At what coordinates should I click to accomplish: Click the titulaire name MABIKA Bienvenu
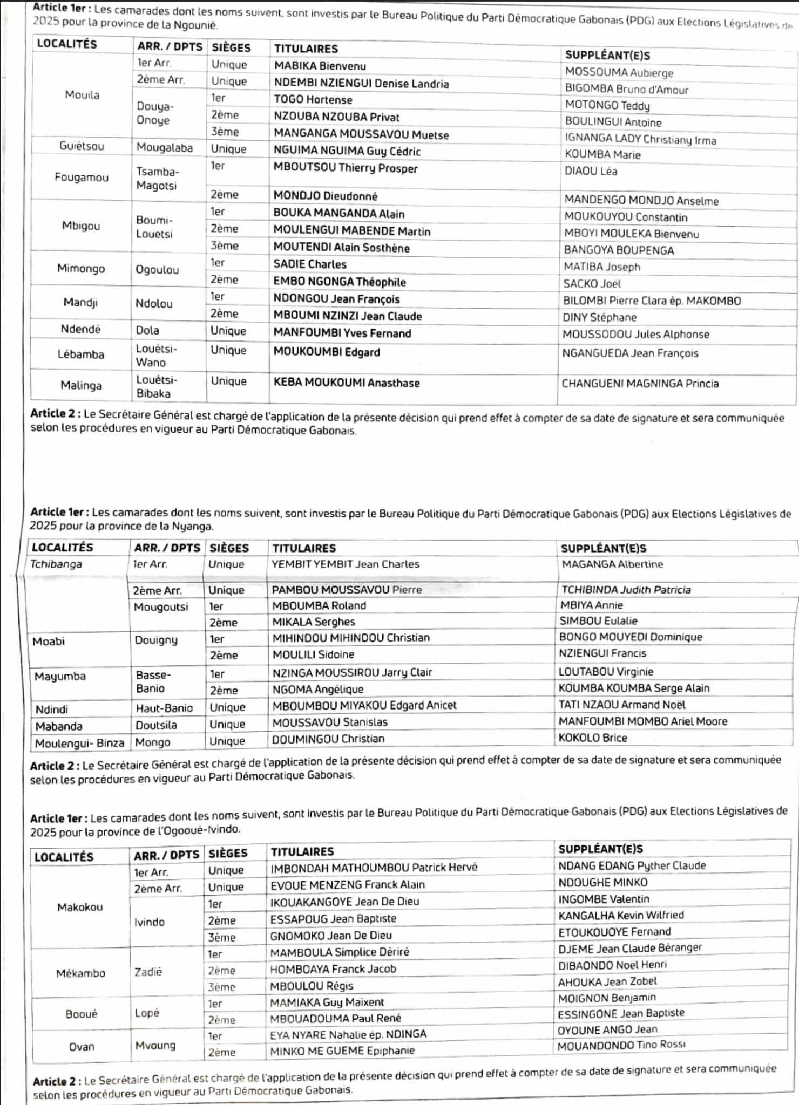coord(320,66)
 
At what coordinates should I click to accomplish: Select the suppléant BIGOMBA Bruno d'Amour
coord(626,89)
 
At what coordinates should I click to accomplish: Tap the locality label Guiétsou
coord(82,146)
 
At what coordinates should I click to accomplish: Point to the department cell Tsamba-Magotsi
coord(157,179)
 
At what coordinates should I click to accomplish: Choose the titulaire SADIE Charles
coord(309,264)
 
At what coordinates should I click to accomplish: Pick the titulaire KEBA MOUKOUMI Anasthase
coord(346,383)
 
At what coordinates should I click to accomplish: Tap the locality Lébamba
coord(81,354)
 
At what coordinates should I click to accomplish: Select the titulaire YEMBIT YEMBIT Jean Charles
coord(346,564)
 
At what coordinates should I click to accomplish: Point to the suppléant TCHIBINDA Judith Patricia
coord(626,590)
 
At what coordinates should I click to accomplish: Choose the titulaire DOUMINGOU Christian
coord(328,739)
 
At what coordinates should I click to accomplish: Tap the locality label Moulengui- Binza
coord(79,744)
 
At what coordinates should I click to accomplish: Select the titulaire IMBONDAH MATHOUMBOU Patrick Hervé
coord(374,868)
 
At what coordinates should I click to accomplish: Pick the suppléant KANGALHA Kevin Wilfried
coord(621,915)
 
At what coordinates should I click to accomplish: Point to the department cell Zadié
coord(148,972)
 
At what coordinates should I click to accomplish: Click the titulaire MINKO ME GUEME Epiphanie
coord(342,1051)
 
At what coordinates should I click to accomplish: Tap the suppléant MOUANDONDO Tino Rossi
coord(621,1045)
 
